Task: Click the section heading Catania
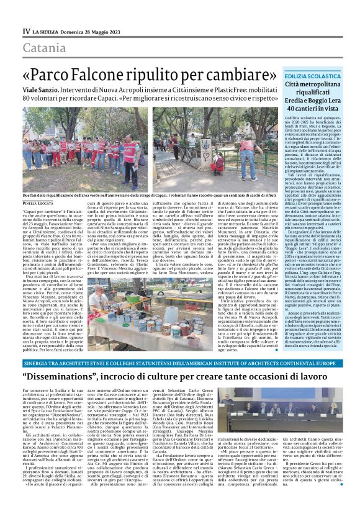(x=44, y=48)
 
